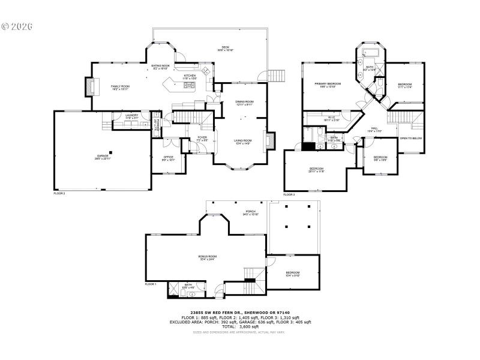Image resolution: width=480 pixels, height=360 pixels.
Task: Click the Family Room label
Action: tap(121, 86)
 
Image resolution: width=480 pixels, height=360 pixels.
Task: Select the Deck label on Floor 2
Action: tap(225, 47)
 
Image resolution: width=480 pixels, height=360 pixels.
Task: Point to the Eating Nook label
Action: tap(160, 66)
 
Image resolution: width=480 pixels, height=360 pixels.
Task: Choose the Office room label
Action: tap(168, 158)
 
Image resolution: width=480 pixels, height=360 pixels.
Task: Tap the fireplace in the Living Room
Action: tap(269, 140)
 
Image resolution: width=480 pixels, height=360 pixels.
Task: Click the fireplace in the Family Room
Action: tap(91, 87)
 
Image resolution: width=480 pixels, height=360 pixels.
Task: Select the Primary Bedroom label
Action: tap(331, 84)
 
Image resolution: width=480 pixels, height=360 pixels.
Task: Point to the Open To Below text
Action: tap(411, 138)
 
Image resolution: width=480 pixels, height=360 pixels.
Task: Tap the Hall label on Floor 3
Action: tap(374, 128)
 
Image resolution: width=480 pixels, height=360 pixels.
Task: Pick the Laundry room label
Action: tap(132, 115)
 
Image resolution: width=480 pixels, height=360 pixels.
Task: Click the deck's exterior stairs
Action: tap(275, 76)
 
